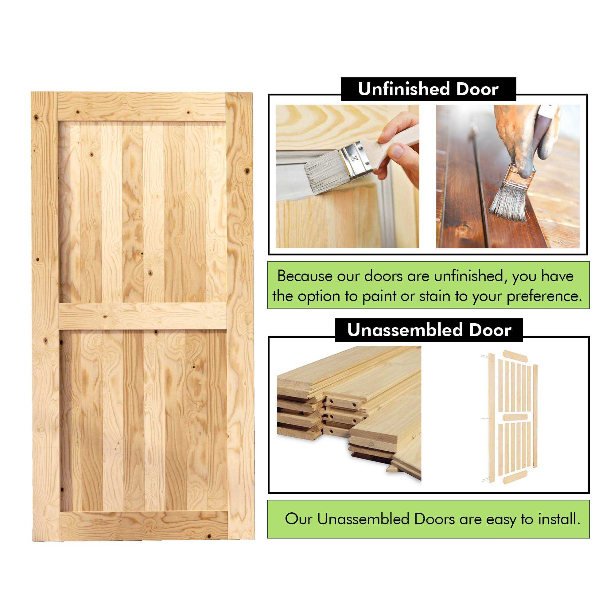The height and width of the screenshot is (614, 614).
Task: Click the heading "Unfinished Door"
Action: point(428,89)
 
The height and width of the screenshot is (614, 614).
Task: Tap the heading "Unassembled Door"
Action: point(429,330)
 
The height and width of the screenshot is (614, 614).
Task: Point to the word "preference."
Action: point(544,297)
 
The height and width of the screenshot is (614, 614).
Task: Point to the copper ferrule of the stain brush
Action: point(516,175)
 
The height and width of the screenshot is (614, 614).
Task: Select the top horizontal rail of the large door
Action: point(142,107)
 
